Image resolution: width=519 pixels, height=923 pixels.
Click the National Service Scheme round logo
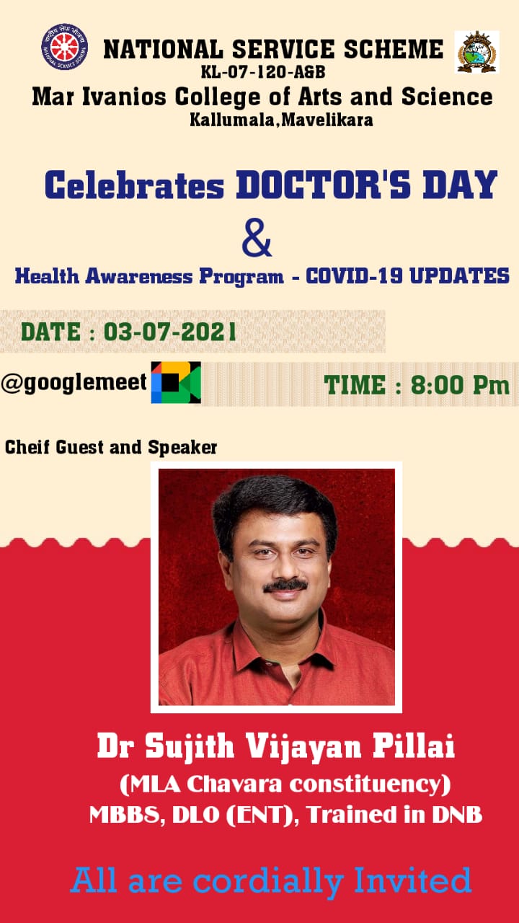(x=65, y=47)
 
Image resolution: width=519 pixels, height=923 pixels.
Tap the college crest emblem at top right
(x=477, y=52)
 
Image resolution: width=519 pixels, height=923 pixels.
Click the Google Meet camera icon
(x=176, y=382)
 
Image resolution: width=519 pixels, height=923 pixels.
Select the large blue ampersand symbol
(x=257, y=238)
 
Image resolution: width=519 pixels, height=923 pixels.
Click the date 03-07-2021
(x=169, y=332)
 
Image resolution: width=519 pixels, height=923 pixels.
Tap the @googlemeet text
(x=74, y=382)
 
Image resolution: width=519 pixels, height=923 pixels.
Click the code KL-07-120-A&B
(x=263, y=72)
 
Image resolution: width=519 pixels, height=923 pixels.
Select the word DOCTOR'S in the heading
(x=324, y=185)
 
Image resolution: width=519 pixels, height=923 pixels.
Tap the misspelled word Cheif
(x=27, y=448)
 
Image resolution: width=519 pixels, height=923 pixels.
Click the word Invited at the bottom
(x=413, y=880)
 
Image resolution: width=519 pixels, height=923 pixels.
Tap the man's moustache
(x=285, y=586)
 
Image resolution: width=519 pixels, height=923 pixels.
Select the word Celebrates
(x=134, y=185)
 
